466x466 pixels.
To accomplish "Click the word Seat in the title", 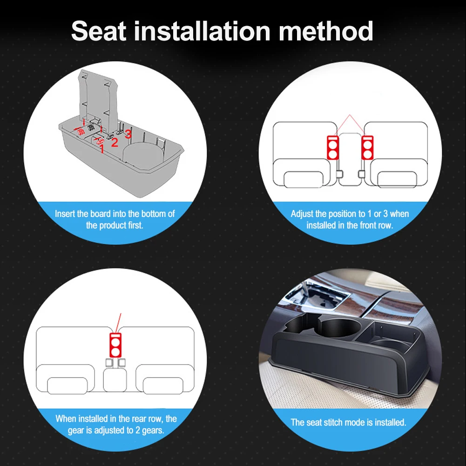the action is point(99,31).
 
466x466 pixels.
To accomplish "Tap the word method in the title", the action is point(325,31).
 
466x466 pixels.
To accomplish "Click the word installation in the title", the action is point(202,31).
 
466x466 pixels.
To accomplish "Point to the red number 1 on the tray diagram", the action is point(101,149).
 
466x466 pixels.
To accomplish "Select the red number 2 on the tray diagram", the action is point(115,142).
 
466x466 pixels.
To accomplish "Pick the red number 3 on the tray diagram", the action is point(128,134).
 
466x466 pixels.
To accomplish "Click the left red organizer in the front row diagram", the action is point(332,148).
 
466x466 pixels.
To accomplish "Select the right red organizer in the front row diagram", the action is point(367,148).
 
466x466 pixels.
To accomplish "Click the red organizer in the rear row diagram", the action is point(115,345).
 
